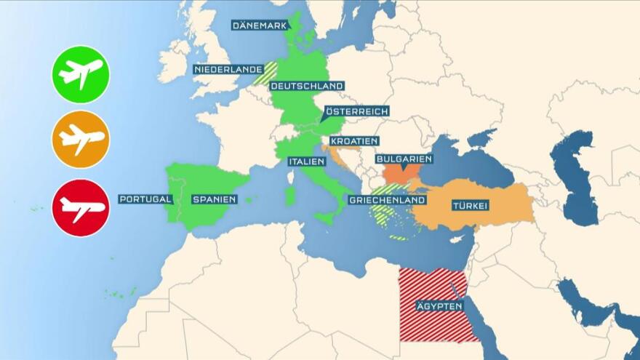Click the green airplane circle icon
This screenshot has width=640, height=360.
tap(81, 74)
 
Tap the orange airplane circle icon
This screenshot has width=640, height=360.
tap(81, 139)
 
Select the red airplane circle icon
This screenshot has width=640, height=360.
tap(81, 208)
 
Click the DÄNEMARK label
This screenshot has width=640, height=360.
tap(260, 25)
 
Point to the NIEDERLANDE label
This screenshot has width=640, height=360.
tap(228, 70)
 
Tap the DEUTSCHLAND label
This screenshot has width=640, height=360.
tap(306, 86)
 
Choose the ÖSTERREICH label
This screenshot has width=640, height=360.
tap(356, 111)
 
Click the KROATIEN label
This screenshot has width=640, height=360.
tap(354, 141)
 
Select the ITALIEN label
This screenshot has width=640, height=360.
tap(306, 161)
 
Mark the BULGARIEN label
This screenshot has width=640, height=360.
tap(404, 159)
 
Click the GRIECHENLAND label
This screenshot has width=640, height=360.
tap(386, 200)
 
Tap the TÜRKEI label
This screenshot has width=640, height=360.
tap(470, 205)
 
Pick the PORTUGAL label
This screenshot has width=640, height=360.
tap(145, 199)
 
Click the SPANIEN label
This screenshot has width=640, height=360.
tap(215, 199)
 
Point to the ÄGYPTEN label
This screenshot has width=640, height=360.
tap(439, 306)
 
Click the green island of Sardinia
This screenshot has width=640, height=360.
tap(290, 195)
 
